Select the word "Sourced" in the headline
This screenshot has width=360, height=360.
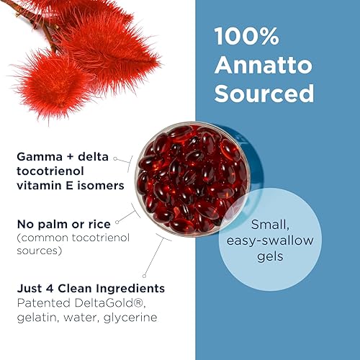264,94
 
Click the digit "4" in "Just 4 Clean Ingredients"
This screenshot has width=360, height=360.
50,288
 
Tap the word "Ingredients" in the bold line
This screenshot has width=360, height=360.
130,288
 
